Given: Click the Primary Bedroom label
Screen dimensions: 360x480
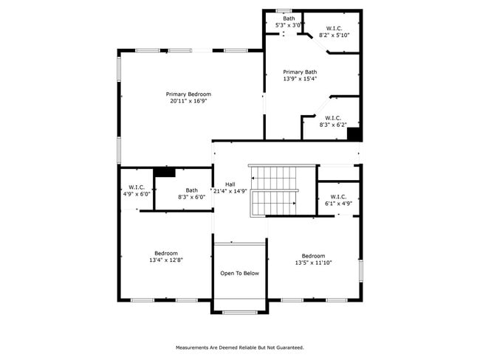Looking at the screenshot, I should pos(188,94).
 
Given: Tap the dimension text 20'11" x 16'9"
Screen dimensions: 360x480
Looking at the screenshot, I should pos(188,101).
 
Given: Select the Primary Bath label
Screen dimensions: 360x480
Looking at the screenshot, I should pos(301,72).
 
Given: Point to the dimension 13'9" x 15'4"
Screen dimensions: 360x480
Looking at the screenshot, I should pos(301,79).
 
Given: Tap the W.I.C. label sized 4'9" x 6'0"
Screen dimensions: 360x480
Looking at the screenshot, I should pos(136,187).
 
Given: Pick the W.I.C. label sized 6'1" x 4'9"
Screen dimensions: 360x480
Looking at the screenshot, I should pos(337,195).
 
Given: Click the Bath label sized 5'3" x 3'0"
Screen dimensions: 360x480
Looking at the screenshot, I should pos(288,18).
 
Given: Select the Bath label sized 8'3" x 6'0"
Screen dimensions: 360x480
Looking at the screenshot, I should pos(191,190).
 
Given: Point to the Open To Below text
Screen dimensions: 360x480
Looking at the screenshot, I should pos(240,274).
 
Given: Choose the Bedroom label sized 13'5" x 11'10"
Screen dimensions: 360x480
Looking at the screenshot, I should pos(312,256).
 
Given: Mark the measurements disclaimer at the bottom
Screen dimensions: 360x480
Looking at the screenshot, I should pos(239,347).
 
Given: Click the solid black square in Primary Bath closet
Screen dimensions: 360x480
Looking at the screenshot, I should pos(353,134).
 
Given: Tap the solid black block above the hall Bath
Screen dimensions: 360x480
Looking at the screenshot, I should pos(164,172).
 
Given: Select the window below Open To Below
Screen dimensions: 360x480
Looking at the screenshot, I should pos(240,312).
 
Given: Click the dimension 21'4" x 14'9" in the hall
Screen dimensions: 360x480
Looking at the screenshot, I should pos(229,191).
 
